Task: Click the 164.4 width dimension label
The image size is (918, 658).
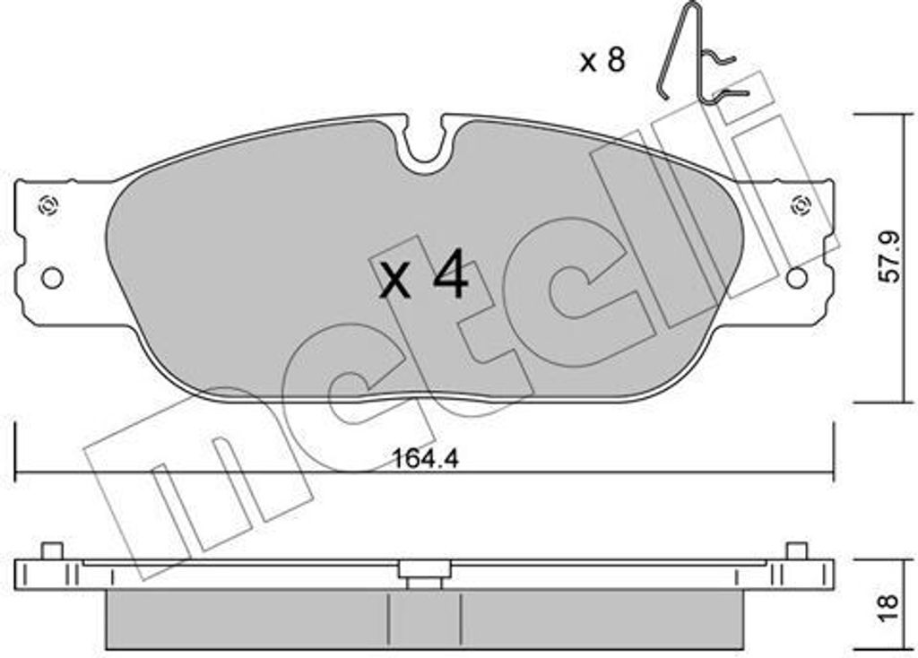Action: coord(425,458)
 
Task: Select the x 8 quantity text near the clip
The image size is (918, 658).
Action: coord(602,60)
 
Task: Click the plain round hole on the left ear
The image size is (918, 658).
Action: coord(52,278)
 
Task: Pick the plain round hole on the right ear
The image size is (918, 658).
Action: coord(796,278)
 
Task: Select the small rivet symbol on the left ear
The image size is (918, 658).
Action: coord(48,205)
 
